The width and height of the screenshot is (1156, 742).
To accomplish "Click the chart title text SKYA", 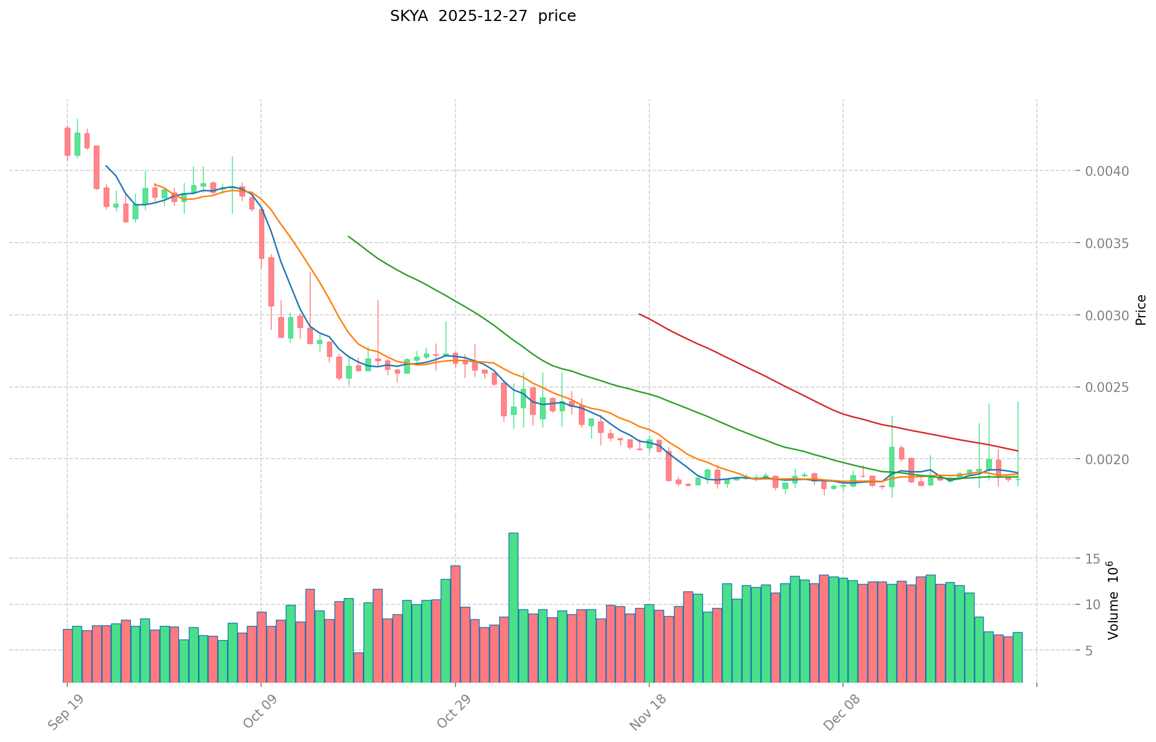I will [409, 16].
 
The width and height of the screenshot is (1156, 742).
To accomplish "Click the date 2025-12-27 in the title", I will [483, 16].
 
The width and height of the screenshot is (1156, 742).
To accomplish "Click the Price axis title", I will [1141, 310].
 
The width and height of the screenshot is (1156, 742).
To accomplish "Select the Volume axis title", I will [1113, 600].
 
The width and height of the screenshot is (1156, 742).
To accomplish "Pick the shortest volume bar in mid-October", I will [358, 667].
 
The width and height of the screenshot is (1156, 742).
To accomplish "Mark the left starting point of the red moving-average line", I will [639, 314].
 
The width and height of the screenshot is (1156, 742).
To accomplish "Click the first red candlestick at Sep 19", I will [67, 141].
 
